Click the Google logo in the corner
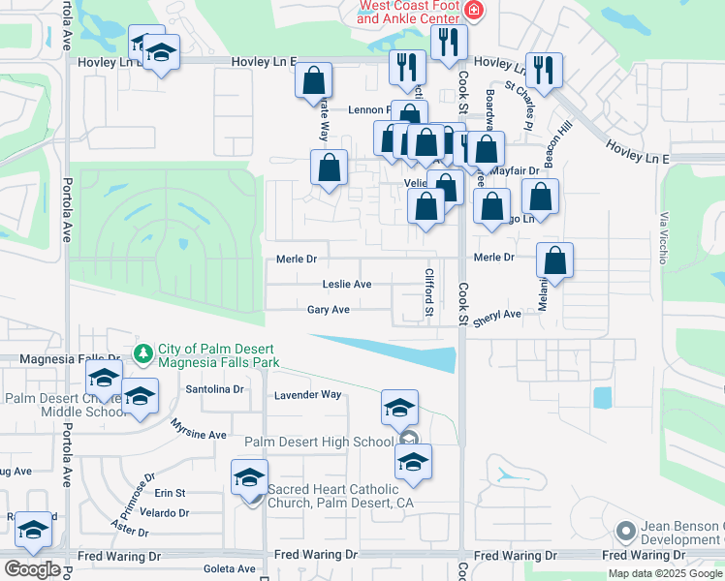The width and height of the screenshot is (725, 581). point(32,569)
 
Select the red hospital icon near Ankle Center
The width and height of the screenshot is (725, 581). point(473,11)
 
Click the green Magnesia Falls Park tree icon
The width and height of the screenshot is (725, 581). point(143,352)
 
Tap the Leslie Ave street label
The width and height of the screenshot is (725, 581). point(347,285)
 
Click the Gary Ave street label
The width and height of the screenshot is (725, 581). point(328,310)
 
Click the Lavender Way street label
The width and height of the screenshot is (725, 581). point(309,395)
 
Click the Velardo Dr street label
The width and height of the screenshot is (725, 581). point(164,512)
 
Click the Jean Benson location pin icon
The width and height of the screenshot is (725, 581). point(626,531)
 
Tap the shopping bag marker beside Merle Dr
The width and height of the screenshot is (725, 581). point(554,260)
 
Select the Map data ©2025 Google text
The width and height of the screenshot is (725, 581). point(665,573)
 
